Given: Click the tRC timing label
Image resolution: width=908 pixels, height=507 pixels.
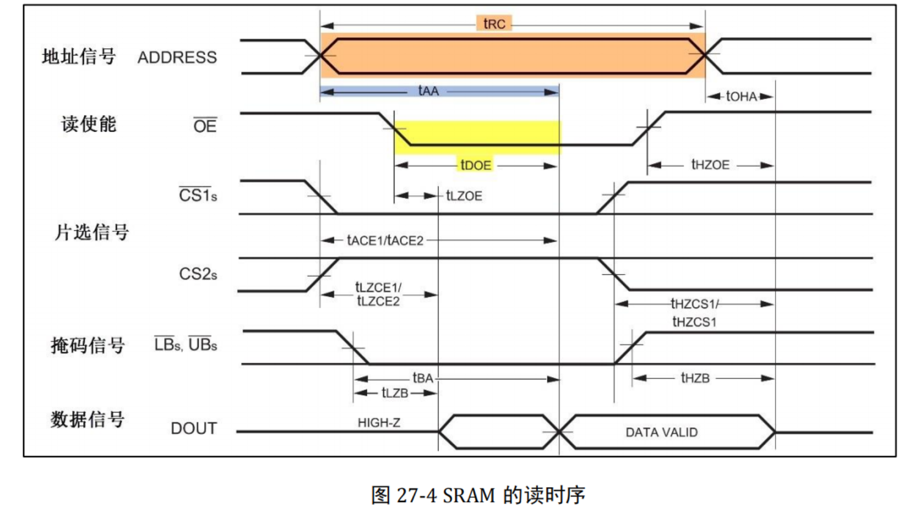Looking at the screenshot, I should (x=494, y=24).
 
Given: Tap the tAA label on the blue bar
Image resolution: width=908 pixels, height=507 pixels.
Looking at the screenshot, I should (x=428, y=91).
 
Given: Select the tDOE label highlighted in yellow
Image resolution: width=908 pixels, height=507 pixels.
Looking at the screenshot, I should (x=476, y=166).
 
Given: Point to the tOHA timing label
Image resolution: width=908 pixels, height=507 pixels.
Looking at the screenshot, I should (x=741, y=96).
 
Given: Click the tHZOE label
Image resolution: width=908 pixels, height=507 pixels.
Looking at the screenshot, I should (x=710, y=165).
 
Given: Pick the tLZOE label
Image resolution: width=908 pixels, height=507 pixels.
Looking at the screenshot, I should (x=464, y=196).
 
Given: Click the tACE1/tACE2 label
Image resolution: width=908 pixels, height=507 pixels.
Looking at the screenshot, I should (x=385, y=241).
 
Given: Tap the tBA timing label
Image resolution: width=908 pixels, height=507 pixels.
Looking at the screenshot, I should (x=423, y=378).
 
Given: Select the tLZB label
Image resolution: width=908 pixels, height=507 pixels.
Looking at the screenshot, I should (x=395, y=393).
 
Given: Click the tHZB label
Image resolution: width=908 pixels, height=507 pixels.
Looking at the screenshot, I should (x=695, y=378).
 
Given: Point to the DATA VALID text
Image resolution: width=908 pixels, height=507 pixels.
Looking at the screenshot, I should (x=661, y=433).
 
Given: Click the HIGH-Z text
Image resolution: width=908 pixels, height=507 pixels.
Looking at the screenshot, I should (x=379, y=423).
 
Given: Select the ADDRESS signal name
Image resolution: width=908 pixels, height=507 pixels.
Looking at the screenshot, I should (x=177, y=57).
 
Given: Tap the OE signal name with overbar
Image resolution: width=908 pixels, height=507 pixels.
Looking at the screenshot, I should (x=205, y=126).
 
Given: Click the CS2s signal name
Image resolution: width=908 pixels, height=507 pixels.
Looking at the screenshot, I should (x=198, y=274).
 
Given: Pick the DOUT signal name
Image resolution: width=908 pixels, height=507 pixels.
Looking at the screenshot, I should (x=193, y=428).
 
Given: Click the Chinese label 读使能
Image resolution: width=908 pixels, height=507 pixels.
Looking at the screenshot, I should (x=89, y=124).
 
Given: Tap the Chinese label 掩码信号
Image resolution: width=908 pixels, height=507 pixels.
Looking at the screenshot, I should (x=87, y=345).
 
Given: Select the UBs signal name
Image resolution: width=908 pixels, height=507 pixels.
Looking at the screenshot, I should (x=203, y=344).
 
